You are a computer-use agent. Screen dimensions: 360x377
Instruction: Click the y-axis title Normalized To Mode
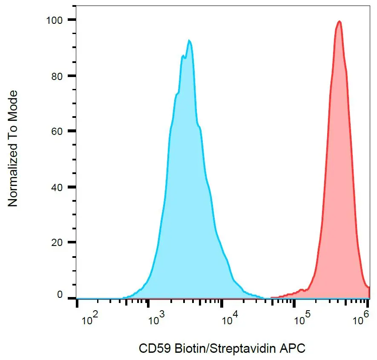tap(13, 149)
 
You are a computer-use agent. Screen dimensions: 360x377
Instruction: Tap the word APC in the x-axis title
tap(291, 349)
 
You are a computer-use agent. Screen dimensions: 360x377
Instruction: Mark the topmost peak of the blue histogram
tap(189, 40)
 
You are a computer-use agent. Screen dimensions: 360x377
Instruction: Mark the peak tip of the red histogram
tap(339, 21)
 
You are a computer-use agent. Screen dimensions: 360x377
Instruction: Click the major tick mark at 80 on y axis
tap(72, 76)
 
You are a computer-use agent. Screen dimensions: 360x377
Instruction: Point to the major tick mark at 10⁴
tap(221, 303)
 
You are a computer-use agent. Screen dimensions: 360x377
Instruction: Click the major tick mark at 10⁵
tap(294, 303)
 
